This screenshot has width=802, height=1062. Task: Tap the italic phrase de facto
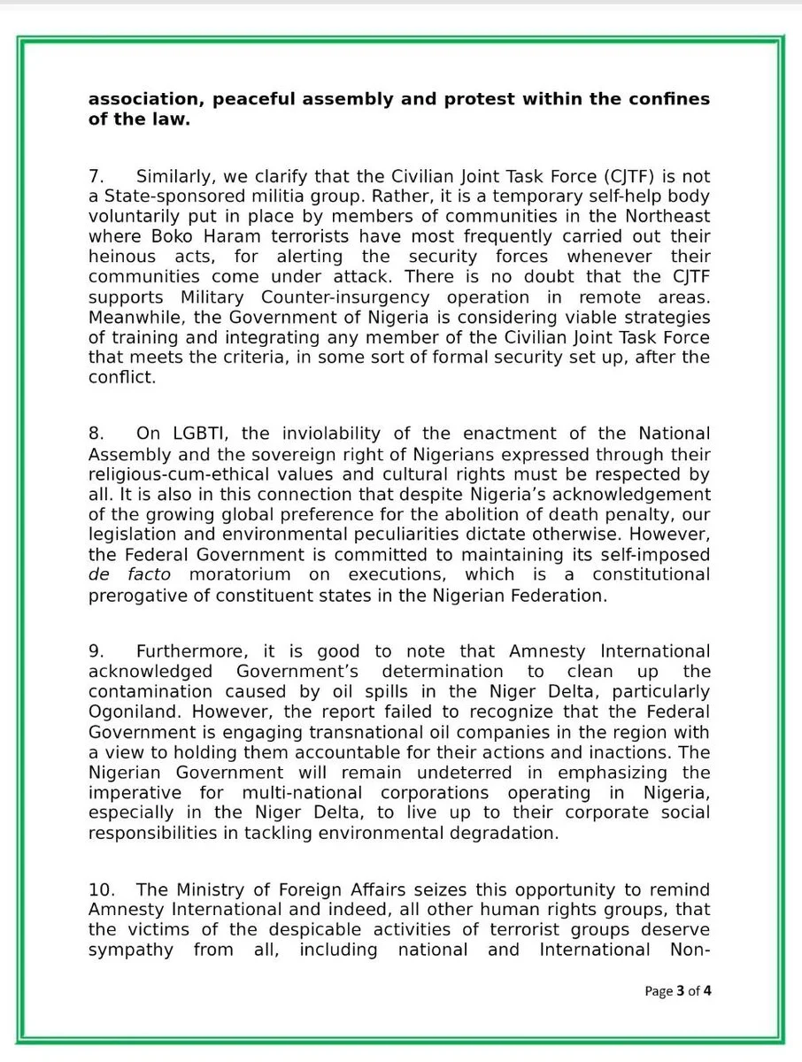click(131, 574)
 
